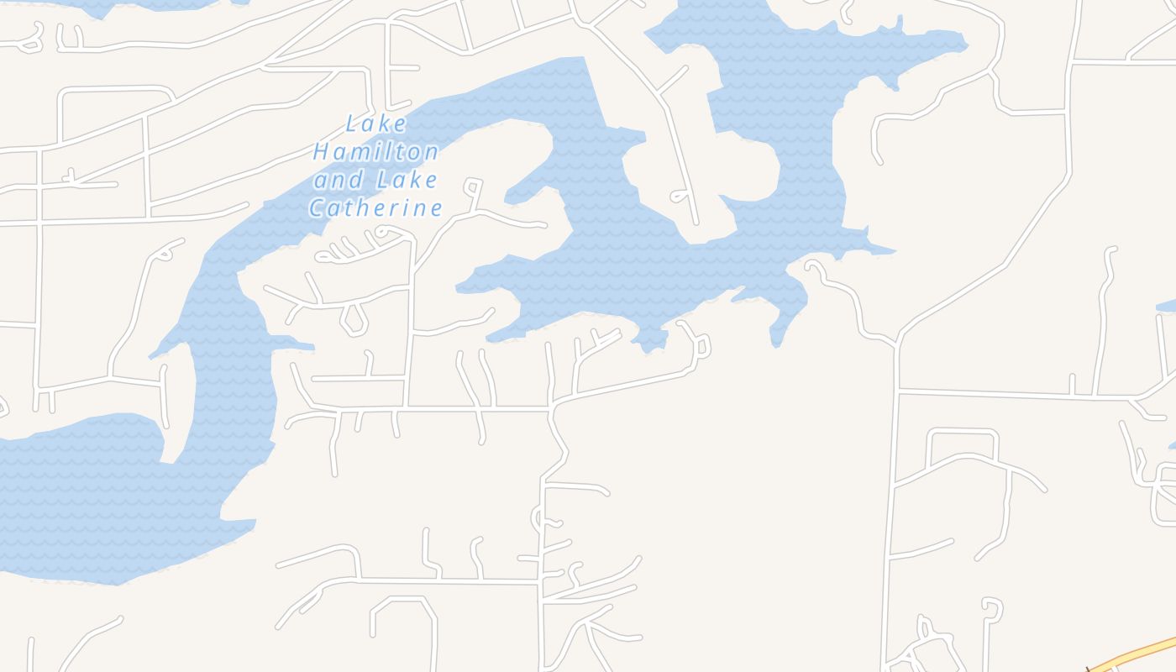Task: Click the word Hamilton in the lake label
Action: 375,152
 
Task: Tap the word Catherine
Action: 375,207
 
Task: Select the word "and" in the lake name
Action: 339,180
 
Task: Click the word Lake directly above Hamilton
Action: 376,124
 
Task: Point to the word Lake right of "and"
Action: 407,180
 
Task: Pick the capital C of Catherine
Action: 317,207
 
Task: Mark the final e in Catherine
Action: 435,207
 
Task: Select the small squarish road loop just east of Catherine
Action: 474,186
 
